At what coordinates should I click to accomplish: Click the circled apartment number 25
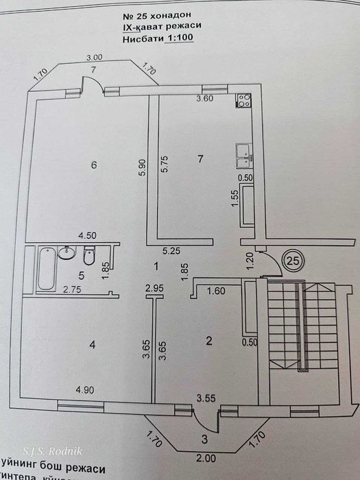point(293,261)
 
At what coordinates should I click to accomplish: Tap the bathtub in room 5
point(46,269)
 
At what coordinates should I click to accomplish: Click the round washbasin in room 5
point(67,254)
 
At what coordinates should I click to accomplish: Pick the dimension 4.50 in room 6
point(86,235)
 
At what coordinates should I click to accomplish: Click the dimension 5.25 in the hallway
point(171,251)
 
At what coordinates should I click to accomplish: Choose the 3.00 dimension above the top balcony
point(93,58)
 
